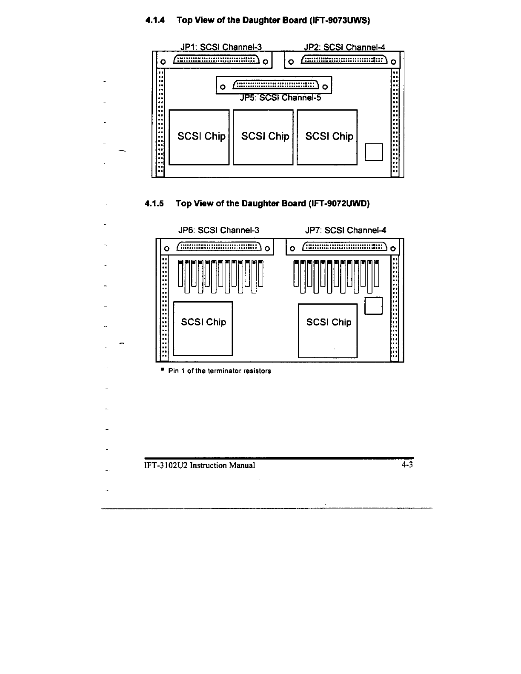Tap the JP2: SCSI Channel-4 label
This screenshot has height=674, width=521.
point(345,47)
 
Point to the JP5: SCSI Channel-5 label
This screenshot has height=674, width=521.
point(280,98)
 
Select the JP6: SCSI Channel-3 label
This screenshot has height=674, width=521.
point(218,231)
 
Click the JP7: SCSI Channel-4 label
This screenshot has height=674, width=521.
point(346,231)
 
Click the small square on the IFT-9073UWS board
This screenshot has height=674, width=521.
point(374,152)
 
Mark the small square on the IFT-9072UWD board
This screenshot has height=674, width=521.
point(374,306)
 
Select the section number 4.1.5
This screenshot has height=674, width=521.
point(154,203)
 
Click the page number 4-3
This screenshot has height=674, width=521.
point(407,465)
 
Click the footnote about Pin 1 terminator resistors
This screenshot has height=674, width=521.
point(219,371)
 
